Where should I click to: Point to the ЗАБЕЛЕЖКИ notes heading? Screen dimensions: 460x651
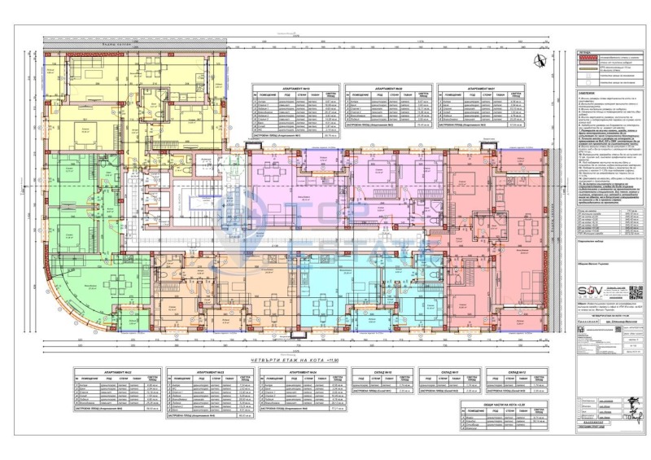pos(586,94)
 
